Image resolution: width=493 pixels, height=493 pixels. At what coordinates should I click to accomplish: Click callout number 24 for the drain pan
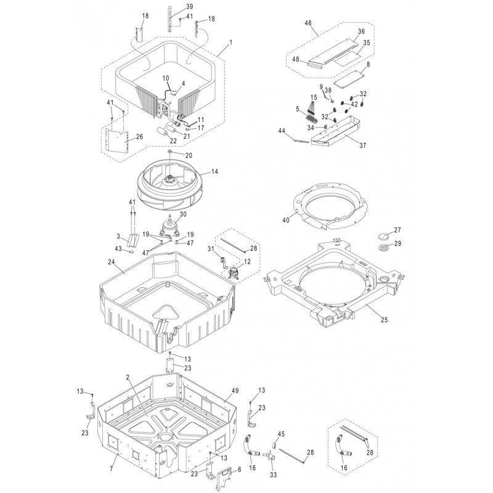(x=112, y=261)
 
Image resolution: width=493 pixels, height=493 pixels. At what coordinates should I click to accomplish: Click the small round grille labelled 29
(x=383, y=248)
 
